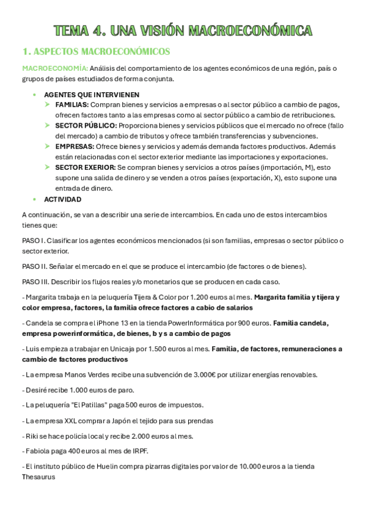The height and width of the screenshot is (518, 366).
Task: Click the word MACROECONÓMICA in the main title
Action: point(251,30)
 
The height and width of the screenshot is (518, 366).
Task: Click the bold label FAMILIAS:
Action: point(71,105)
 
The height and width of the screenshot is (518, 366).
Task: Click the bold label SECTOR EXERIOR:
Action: point(84,167)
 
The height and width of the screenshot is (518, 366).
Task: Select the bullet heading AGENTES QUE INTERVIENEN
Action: point(92,95)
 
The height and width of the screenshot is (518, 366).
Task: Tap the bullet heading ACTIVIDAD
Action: point(63,199)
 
